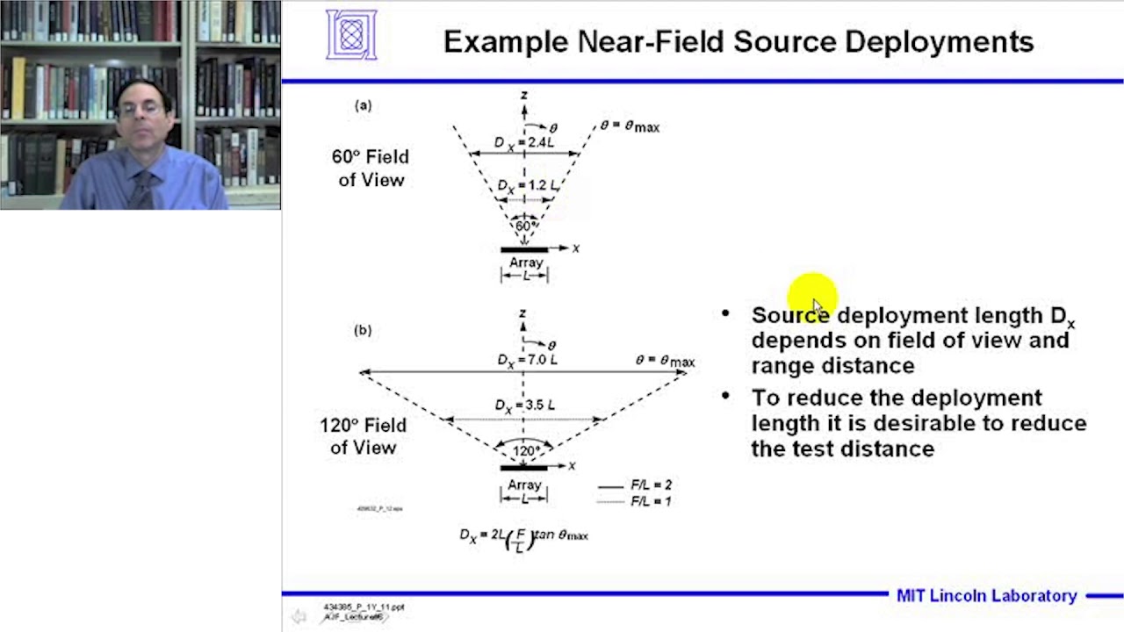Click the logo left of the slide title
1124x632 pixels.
(351, 35)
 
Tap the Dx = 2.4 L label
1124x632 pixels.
(524, 142)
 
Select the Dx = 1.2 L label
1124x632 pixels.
(527, 186)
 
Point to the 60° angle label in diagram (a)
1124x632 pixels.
(524, 226)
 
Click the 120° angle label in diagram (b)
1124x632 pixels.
(526, 450)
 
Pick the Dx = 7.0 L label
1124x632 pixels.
(527, 360)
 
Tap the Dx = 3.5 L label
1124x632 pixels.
(526, 406)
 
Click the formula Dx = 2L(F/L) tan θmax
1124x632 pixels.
(524, 536)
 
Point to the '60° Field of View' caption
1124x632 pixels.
(370, 168)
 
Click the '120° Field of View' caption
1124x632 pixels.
(363, 436)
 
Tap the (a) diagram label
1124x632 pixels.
(363, 105)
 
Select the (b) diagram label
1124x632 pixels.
(363, 330)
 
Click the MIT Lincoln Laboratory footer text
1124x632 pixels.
(986, 596)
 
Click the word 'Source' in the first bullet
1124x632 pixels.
(789, 316)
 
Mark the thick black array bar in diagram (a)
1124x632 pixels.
(524, 250)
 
